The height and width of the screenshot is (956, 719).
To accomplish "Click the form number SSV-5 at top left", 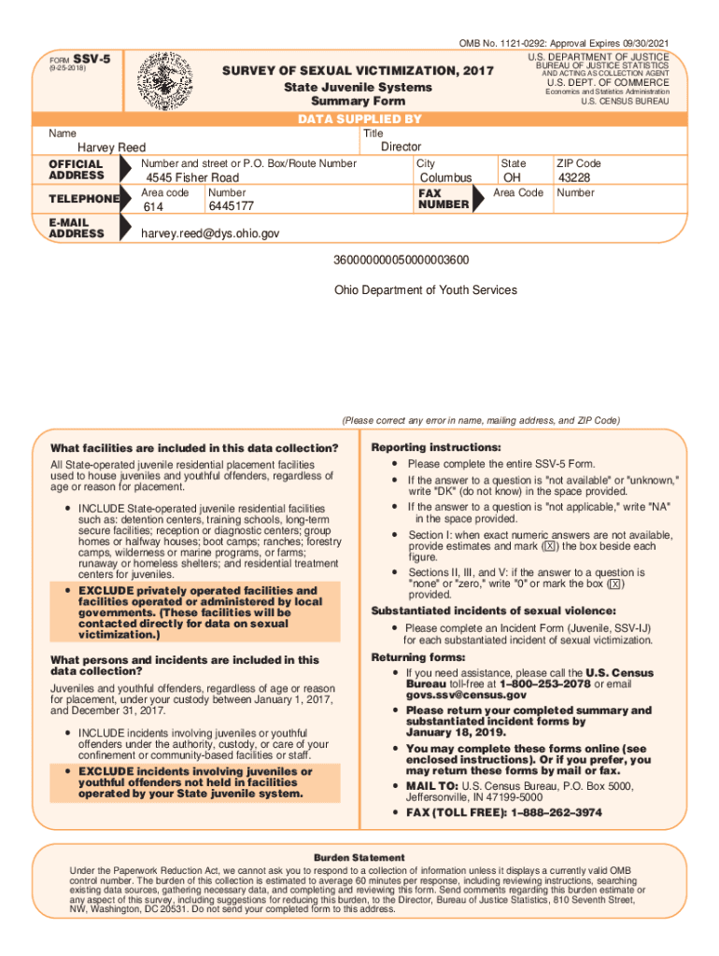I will tap(92, 59).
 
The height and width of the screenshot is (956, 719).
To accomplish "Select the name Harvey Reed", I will tap(111, 148).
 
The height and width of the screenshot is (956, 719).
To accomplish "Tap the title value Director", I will tap(401, 147).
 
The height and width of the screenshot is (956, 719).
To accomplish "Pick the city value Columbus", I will tap(445, 177).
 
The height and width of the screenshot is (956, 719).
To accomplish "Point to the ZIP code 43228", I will tap(573, 177).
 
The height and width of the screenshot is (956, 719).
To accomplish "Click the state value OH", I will tap(512, 177).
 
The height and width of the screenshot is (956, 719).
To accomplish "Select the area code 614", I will tap(152, 206).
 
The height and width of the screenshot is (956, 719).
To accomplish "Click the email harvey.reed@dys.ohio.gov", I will tap(209, 233).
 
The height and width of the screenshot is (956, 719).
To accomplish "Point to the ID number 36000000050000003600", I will tap(402, 260).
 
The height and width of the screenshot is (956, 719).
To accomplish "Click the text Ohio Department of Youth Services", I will tap(425, 290).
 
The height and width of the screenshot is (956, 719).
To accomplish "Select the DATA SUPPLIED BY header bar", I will tap(359, 119).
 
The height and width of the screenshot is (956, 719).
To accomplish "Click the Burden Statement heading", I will tap(359, 857).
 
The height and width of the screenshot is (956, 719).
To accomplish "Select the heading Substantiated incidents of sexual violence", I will tap(493, 611).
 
